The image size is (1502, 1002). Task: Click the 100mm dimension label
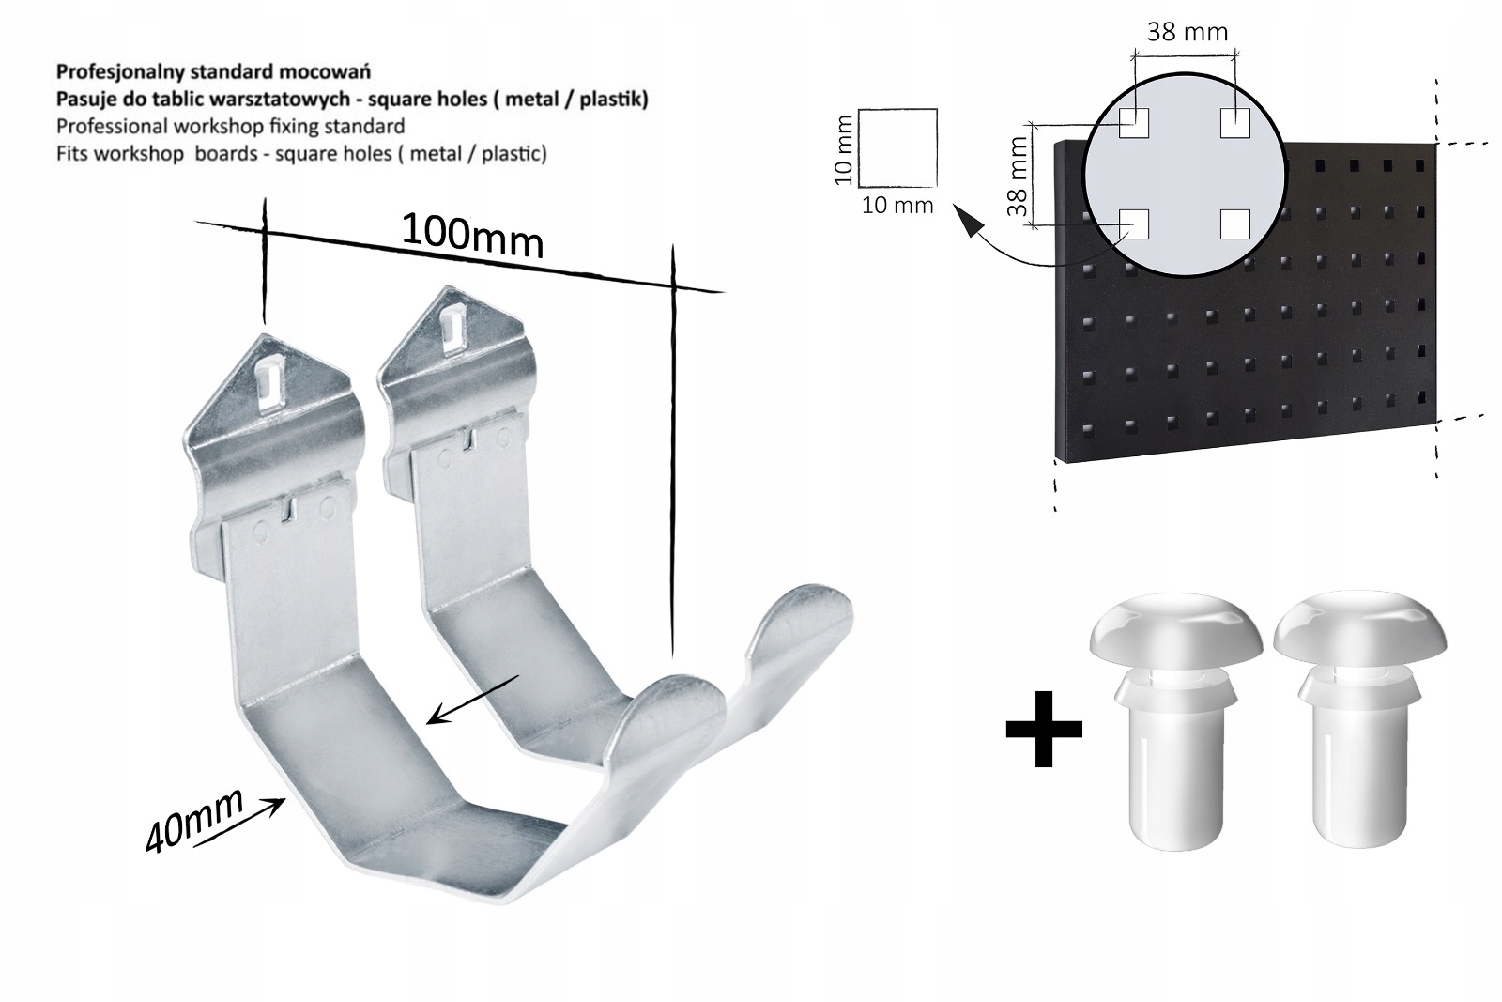point(473,236)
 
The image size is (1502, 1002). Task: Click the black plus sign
point(1043,729)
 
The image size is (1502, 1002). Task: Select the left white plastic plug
point(1175,720)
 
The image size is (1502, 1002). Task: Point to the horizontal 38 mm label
point(1187,32)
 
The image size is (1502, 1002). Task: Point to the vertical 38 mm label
point(1018,176)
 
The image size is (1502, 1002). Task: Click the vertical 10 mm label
point(843,149)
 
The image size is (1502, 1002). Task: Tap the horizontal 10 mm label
point(897,206)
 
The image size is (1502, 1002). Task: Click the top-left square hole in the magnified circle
point(1134,123)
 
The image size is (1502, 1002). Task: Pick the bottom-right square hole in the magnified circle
point(1235,224)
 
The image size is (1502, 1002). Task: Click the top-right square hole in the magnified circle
point(1235,123)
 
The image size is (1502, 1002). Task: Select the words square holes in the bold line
point(427,100)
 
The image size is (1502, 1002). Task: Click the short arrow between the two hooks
point(473,700)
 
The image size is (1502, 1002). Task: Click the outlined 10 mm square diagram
point(897,147)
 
